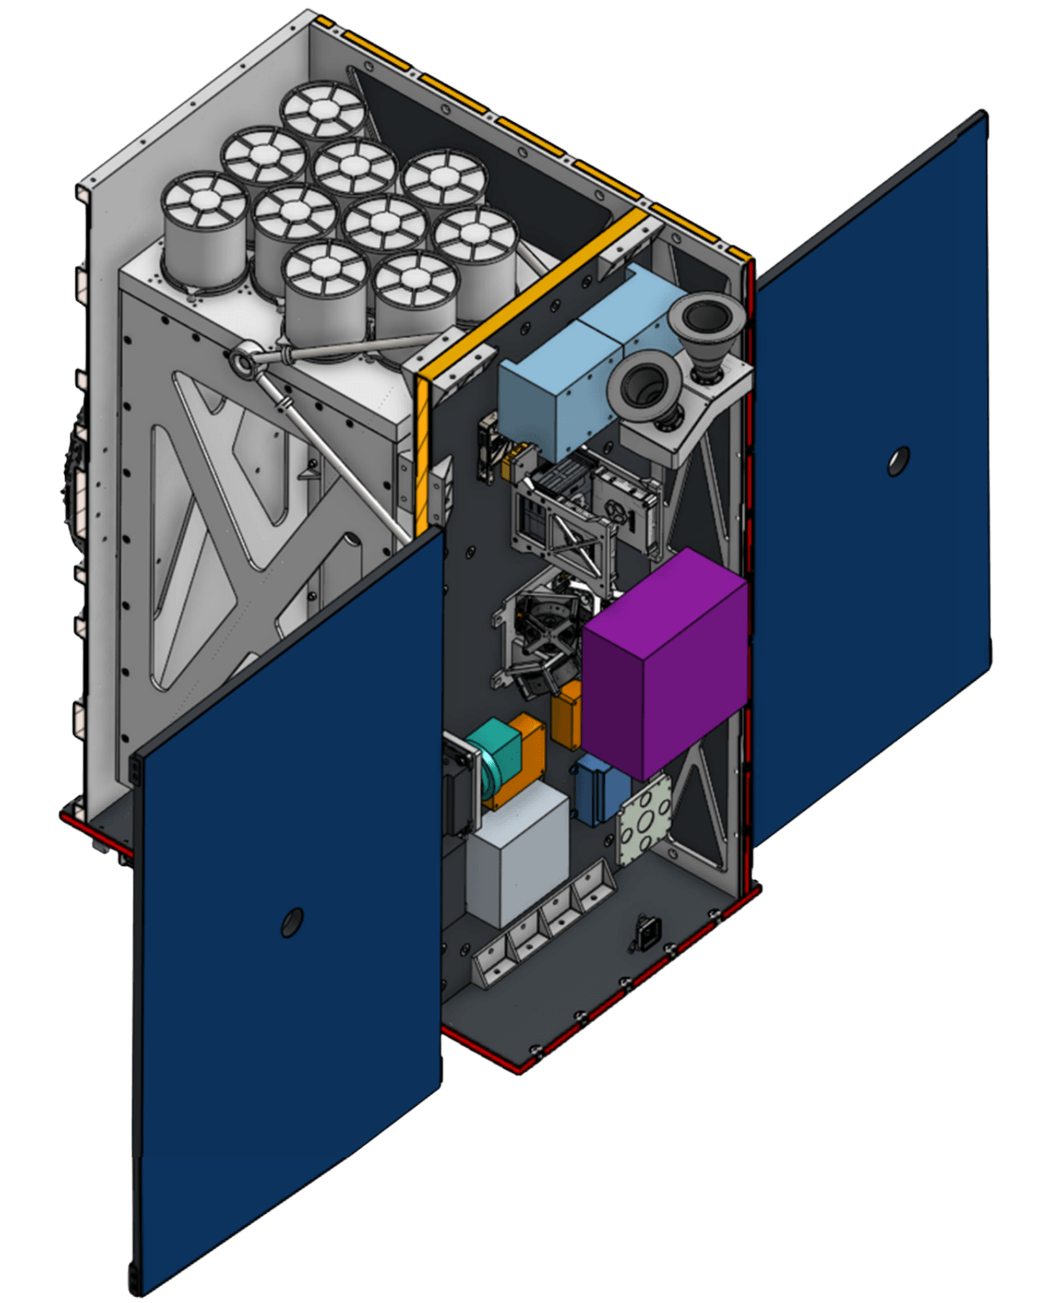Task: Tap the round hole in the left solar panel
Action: point(290,922)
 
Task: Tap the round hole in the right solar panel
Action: point(898,461)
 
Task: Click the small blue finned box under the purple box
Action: point(601,788)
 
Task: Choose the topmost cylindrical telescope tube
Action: point(323,114)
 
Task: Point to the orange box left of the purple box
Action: point(566,713)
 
